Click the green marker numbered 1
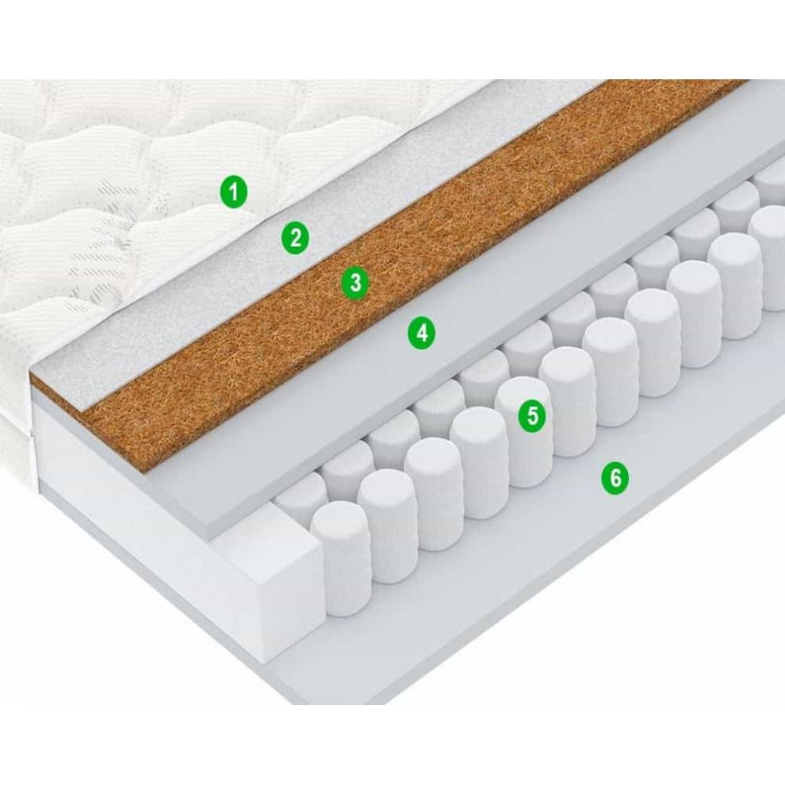234,191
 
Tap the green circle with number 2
295,237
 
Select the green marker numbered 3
355,283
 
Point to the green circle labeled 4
422,332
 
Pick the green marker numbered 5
532,415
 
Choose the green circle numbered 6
615,478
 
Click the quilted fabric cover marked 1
150,200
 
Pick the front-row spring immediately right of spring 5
566,401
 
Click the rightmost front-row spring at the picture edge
769,258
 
